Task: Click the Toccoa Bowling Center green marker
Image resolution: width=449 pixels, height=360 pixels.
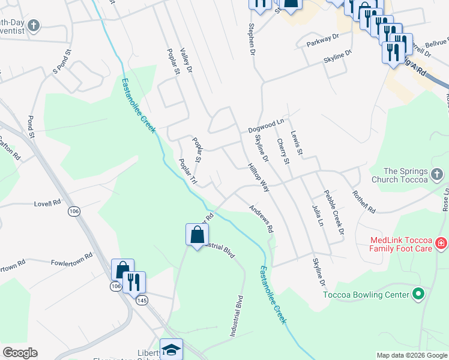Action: click(419, 295)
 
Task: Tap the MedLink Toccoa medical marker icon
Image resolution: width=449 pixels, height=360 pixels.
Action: click(441, 243)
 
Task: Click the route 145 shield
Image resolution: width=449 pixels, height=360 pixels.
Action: click(142, 300)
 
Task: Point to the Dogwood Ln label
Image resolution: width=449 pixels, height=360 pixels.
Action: click(266, 126)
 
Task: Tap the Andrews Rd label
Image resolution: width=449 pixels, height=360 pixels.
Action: click(262, 220)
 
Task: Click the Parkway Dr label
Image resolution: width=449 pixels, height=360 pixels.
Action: click(322, 40)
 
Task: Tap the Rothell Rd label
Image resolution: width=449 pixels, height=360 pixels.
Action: click(364, 202)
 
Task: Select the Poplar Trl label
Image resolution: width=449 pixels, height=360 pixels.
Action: click(188, 172)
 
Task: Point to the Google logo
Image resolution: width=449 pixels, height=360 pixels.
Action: click(20, 353)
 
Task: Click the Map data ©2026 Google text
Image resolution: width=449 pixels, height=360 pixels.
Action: click(411, 355)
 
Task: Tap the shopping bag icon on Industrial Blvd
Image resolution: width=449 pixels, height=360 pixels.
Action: click(197, 235)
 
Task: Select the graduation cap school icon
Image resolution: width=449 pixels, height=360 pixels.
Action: click(171, 350)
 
